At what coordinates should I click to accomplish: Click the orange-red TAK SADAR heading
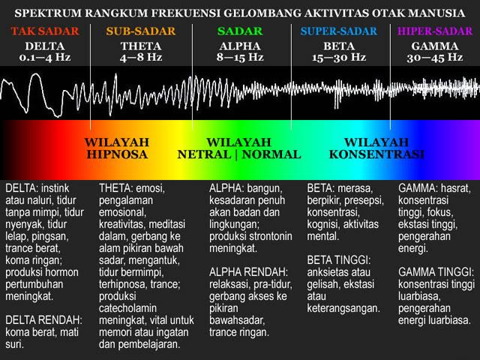coord(45,31)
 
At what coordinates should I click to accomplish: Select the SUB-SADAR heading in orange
coord(141,31)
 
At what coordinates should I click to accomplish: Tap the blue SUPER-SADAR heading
coord(339,31)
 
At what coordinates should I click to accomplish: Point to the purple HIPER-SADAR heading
coord(435,31)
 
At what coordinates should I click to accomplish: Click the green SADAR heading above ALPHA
coord(240,31)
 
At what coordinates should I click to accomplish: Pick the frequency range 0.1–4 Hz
coord(45,57)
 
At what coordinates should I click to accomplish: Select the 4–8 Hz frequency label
coord(141,57)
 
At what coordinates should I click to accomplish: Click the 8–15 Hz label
coord(240,57)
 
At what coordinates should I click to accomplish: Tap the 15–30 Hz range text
coord(339,57)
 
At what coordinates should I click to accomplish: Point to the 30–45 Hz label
coord(435,57)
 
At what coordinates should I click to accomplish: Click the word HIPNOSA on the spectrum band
coord(117,154)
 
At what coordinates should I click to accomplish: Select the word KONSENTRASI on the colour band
coord(376,154)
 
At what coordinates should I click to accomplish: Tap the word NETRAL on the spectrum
coord(204,154)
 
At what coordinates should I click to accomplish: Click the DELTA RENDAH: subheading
coord(43,320)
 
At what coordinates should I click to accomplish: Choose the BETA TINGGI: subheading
coord(339,260)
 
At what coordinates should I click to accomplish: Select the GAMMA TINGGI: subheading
coord(436,272)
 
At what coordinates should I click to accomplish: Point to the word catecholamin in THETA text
coord(127,308)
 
